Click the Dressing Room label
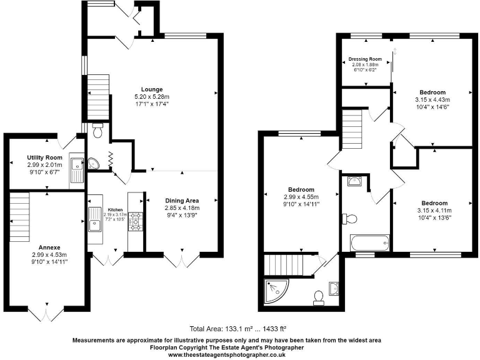365,59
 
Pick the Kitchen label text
116,209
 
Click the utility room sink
77,166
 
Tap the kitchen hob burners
136,221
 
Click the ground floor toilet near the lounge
97,131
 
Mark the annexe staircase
20,216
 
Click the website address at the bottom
227,354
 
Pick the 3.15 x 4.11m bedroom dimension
434,211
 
